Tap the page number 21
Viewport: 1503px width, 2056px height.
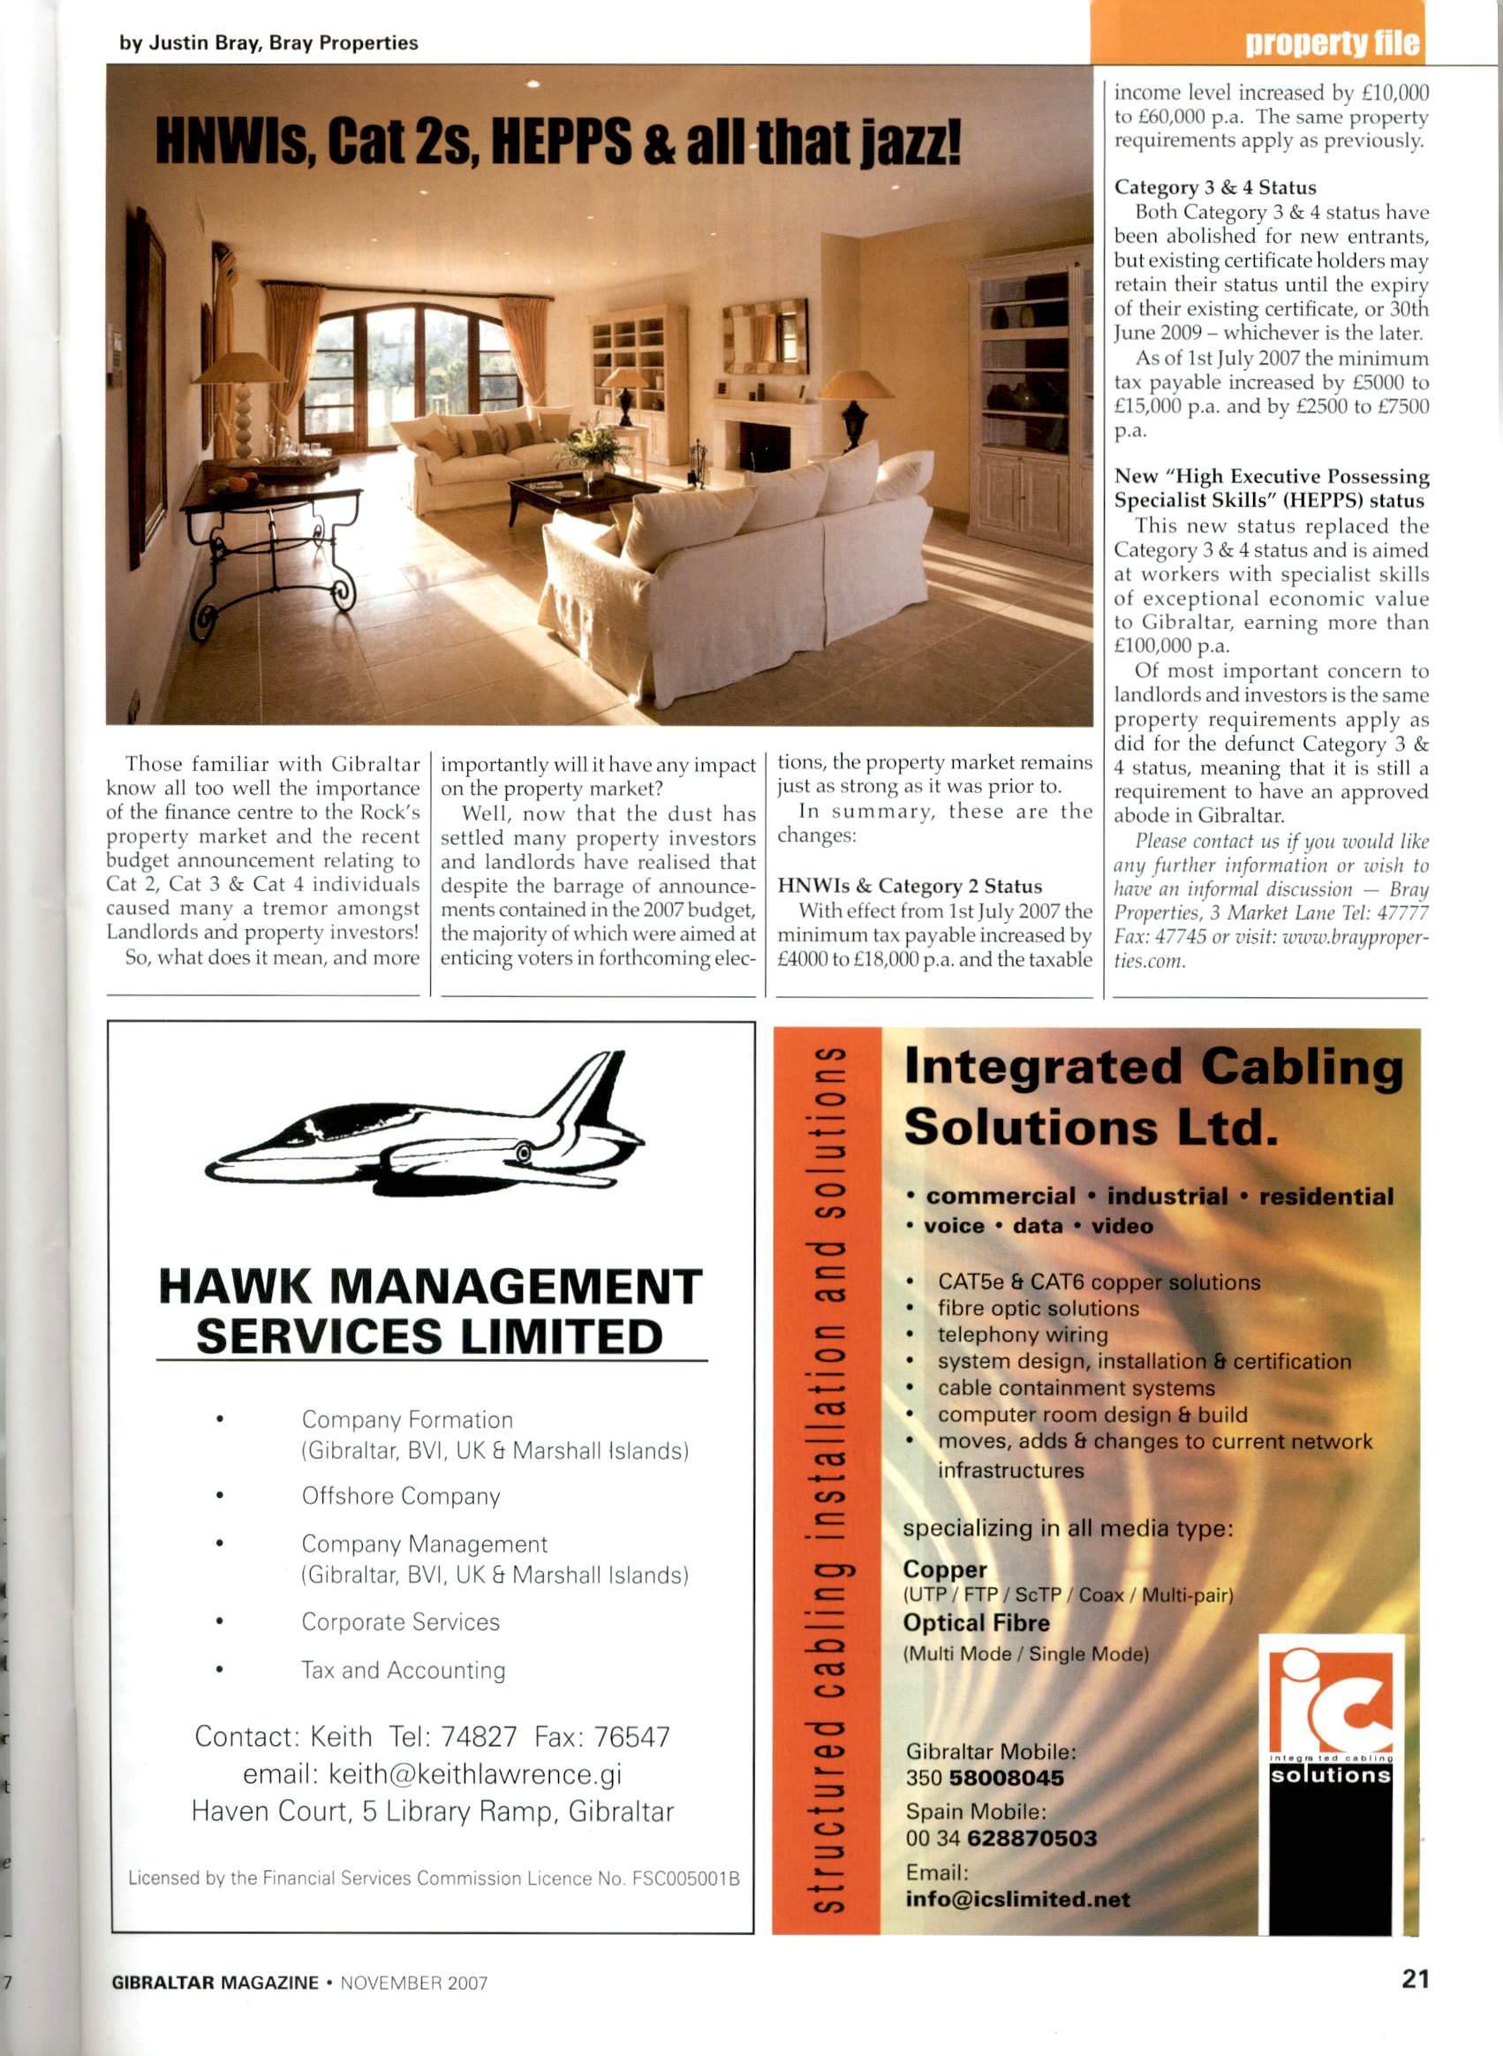tap(1415, 1979)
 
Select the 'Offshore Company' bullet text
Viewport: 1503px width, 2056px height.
tap(400, 1496)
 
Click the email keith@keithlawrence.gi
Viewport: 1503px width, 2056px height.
tap(432, 1775)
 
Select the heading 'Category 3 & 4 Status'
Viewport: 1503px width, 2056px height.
tap(1214, 187)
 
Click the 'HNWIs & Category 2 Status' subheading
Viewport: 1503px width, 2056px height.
tap(909, 886)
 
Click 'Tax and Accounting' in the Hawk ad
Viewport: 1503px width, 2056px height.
tap(403, 1670)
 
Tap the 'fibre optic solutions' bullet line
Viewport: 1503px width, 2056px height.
tap(1039, 1308)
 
